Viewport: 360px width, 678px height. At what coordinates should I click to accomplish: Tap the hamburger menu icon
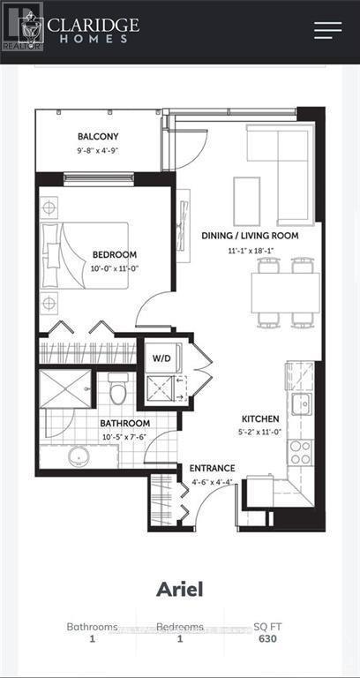[327, 29]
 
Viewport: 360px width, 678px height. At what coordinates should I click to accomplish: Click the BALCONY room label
[98, 137]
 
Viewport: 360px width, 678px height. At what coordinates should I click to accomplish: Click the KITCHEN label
[260, 418]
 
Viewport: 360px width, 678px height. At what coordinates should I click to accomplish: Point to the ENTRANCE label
[212, 468]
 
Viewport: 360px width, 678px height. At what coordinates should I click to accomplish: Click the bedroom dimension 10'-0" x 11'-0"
[116, 269]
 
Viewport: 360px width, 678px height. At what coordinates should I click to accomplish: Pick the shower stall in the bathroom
[64, 389]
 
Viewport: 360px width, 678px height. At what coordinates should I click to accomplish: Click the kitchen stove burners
[301, 451]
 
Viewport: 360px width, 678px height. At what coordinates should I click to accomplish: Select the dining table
[285, 292]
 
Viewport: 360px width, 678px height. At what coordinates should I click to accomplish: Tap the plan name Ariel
[180, 590]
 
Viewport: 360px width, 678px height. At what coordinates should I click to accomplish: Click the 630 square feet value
[266, 641]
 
